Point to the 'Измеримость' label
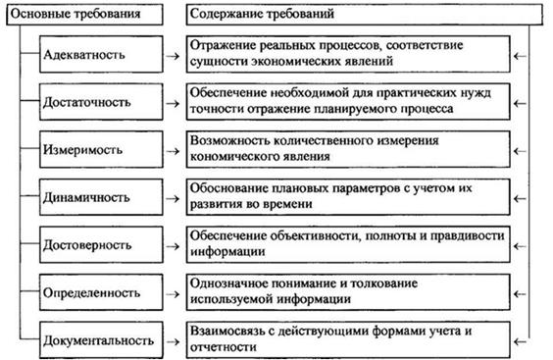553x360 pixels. [x=82, y=150]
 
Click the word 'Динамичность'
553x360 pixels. [x=86, y=197]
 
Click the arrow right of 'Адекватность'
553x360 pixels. [x=173, y=56]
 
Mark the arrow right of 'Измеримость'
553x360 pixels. [x=173, y=151]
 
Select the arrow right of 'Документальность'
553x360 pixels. [x=173, y=341]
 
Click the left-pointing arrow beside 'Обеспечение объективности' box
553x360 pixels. [x=520, y=246]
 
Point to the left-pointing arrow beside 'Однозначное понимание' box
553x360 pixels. [x=520, y=294]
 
